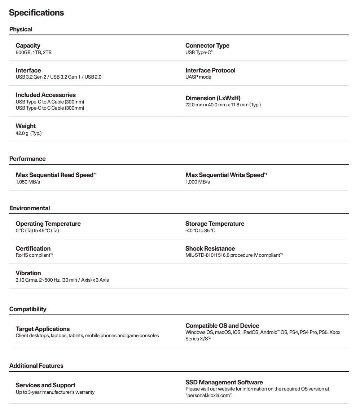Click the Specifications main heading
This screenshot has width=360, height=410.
coord(36,13)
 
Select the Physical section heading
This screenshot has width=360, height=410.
coord(21,29)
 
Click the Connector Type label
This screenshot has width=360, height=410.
coord(207,45)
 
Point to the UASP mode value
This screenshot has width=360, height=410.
coord(198,77)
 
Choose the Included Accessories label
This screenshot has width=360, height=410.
coord(45,95)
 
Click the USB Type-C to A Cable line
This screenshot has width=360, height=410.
coord(50,102)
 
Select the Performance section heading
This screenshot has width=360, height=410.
coord(27,159)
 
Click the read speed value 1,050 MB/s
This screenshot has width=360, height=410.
coord(28,182)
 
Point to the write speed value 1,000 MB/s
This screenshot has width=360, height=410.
coord(197,182)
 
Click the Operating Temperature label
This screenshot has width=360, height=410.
coord(48,224)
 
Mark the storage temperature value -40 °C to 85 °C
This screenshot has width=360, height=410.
coord(200,230)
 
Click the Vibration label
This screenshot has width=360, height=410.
coord(28,273)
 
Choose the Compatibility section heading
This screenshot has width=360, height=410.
coord(28,309)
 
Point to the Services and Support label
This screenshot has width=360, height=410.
coord(45,385)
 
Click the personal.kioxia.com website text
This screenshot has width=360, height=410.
coord(208,396)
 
